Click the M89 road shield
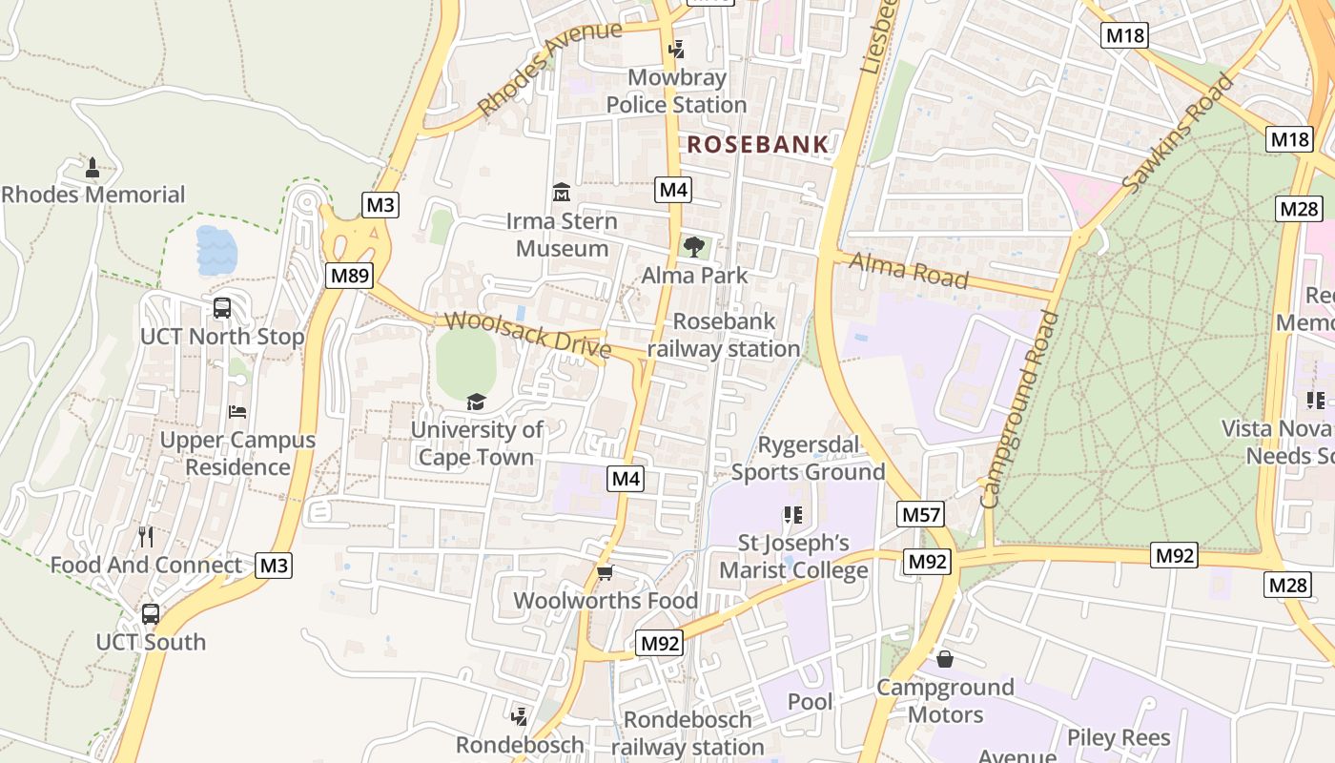point(349,276)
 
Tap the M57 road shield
point(921,515)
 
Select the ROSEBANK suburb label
point(758,145)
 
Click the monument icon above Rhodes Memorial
point(92,168)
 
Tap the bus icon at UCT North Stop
point(222,308)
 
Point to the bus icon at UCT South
point(151,613)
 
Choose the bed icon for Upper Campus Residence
point(237,411)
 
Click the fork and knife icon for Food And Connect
point(146,536)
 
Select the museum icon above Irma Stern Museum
point(562,193)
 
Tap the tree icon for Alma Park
point(694,247)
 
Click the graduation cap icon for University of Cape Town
point(476,402)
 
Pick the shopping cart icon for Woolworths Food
point(605,572)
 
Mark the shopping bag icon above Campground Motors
point(945,659)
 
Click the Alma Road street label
point(908,270)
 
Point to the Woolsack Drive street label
point(527,335)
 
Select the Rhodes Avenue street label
point(549,69)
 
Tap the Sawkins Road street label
point(1179,134)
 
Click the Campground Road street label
point(1021,409)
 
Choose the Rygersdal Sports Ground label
point(809,458)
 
